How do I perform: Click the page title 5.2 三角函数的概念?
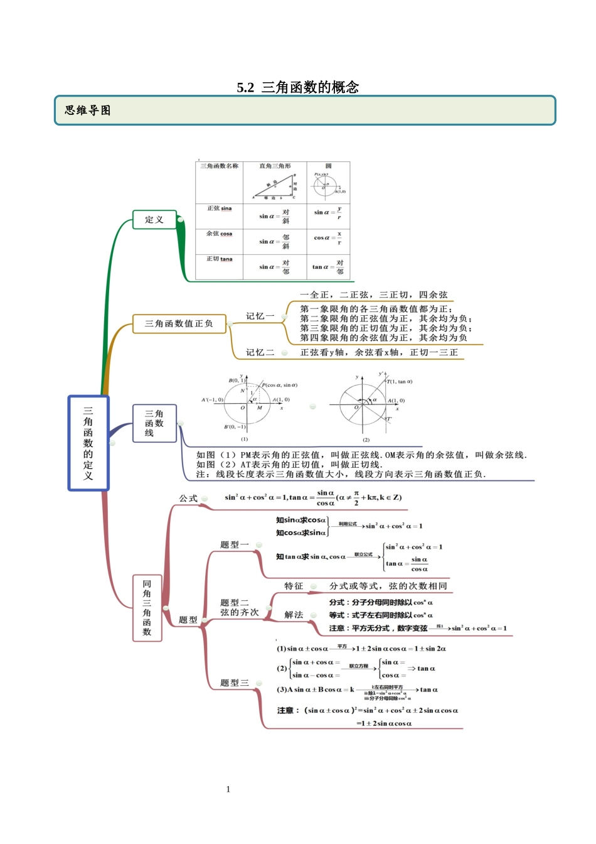point(297,87)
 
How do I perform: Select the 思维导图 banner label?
point(88,111)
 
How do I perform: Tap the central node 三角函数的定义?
point(88,443)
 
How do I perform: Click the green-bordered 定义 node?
point(154,220)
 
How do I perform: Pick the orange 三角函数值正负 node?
point(179,324)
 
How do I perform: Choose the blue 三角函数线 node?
point(154,423)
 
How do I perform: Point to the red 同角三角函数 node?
point(147,608)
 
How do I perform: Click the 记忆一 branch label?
point(260,316)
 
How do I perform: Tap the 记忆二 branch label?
point(260,353)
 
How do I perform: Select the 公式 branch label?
point(188,499)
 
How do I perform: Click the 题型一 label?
point(235,545)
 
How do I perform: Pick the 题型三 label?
point(235,683)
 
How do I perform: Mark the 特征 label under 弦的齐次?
point(294,587)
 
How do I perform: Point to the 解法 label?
point(294,615)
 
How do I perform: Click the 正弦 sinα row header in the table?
point(219,208)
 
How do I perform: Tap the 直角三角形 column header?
point(275,166)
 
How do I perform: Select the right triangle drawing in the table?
point(275,187)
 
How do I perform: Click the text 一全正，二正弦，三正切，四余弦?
point(374,295)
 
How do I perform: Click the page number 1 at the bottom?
point(228,789)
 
